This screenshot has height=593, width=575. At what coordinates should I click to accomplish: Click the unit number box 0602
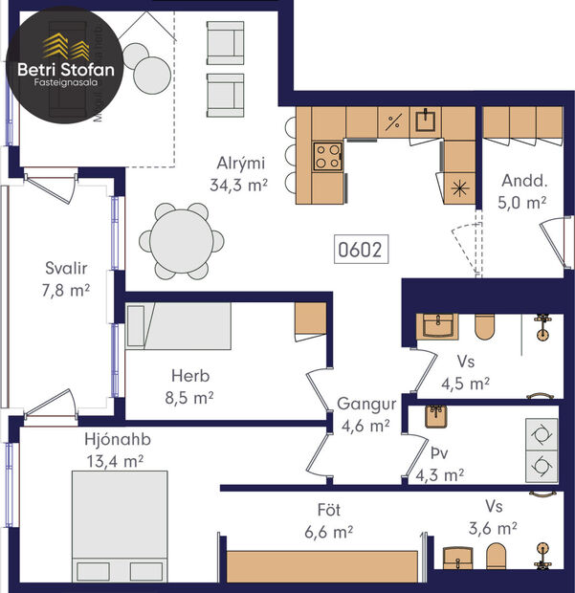361,251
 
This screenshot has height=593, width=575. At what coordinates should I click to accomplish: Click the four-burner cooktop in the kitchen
328,156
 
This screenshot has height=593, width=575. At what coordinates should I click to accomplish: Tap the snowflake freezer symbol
461,187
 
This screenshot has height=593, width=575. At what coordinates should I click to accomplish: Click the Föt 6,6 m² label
329,521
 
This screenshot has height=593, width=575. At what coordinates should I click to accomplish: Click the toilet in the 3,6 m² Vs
495,557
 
